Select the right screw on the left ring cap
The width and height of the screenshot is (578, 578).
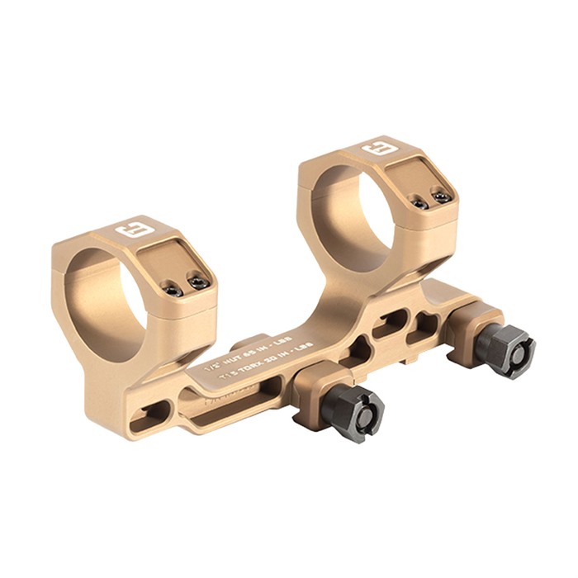tap(198, 282)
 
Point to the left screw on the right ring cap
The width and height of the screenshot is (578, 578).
tap(419, 203)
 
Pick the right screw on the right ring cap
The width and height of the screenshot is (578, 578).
tap(443, 197)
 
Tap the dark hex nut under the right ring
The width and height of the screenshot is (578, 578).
tap(505, 348)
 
